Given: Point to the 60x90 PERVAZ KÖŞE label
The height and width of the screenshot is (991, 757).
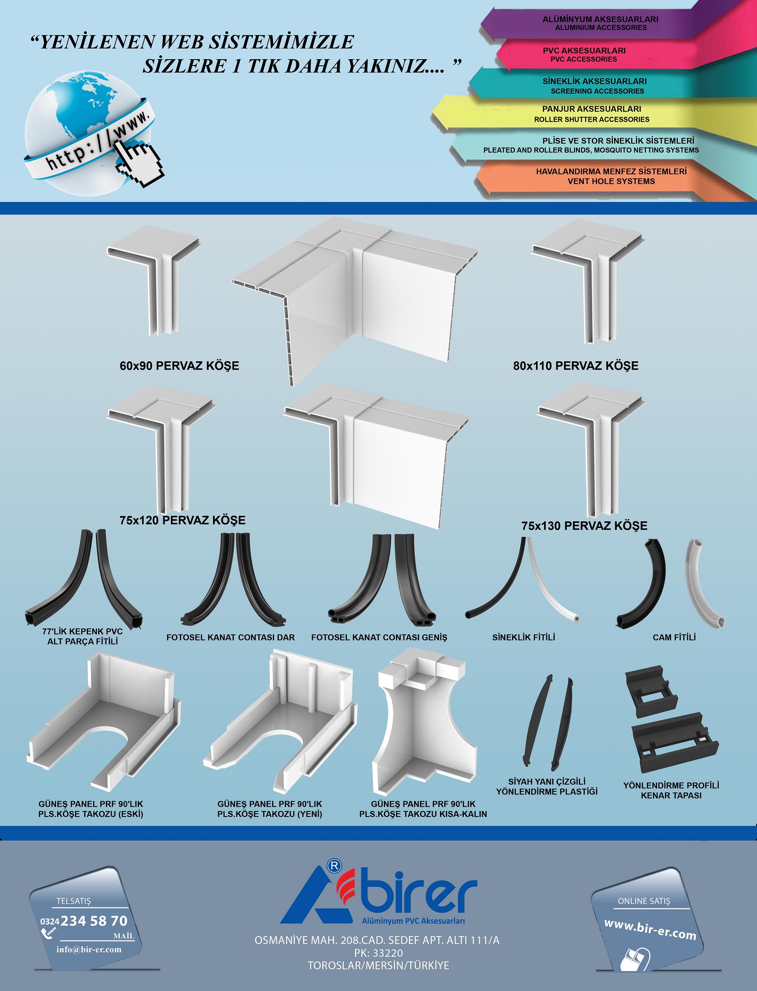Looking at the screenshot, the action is point(179,366).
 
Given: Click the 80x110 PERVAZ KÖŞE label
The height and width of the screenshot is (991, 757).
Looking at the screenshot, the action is point(576,366).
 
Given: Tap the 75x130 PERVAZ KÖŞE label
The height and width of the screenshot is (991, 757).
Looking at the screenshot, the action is point(584,525).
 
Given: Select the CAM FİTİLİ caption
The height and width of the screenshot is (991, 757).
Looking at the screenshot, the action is point(674,637).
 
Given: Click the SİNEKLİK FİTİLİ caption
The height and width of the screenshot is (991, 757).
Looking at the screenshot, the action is point(524,637).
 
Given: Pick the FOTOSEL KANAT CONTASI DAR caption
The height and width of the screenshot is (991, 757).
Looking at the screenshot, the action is point(231,637).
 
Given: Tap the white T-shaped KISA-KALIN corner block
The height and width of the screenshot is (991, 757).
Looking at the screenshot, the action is point(424,722).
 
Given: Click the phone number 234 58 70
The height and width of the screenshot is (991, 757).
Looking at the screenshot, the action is point(94,921).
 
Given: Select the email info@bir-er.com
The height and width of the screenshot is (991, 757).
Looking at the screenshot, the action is point(89,949).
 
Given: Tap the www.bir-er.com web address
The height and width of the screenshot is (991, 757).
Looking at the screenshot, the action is point(650,930).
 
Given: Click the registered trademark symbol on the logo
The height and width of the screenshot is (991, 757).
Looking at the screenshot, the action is point(335,865).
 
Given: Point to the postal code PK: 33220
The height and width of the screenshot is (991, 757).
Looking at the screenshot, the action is point(378,953).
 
